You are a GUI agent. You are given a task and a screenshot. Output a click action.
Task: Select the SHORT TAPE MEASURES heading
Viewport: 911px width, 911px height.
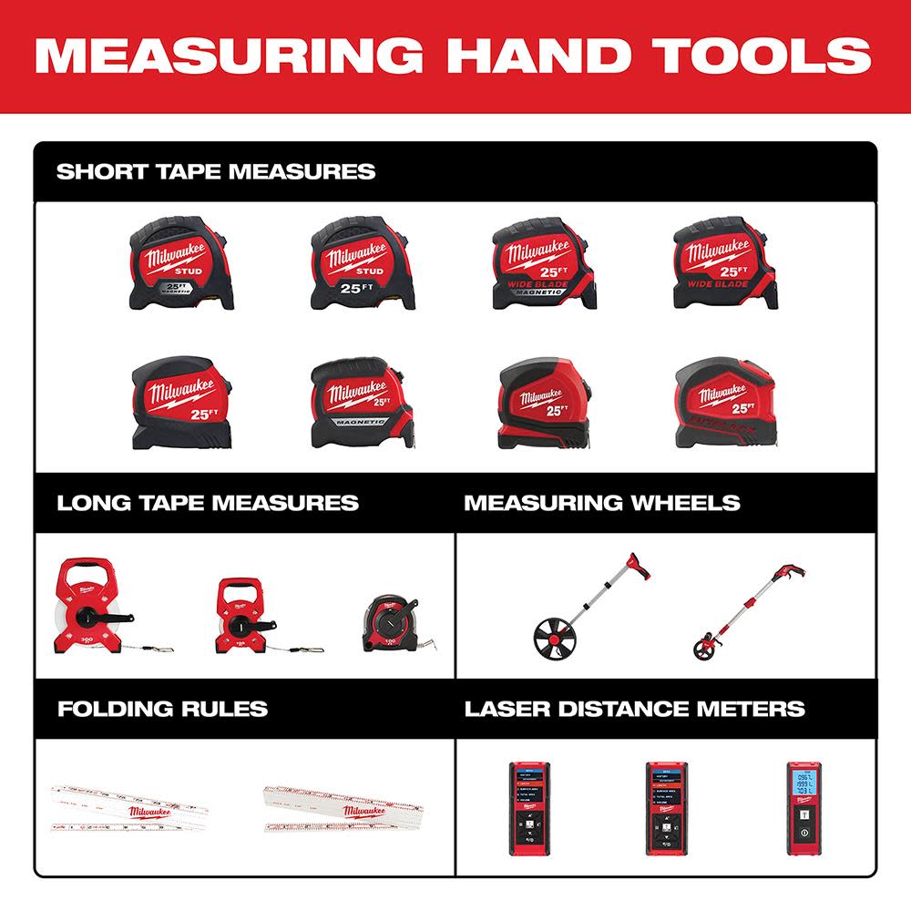(216, 171)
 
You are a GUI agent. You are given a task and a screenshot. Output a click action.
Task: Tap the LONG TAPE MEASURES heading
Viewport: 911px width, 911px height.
(208, 503)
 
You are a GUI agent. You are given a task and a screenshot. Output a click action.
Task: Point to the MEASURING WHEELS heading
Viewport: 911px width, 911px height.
(601, 503)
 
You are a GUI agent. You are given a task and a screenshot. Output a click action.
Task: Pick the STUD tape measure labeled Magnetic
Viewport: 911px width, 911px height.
(179, 262)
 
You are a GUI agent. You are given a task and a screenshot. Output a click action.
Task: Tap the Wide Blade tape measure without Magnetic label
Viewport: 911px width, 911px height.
(724, 262)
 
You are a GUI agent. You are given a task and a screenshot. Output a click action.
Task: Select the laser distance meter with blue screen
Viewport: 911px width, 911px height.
(802, 805)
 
